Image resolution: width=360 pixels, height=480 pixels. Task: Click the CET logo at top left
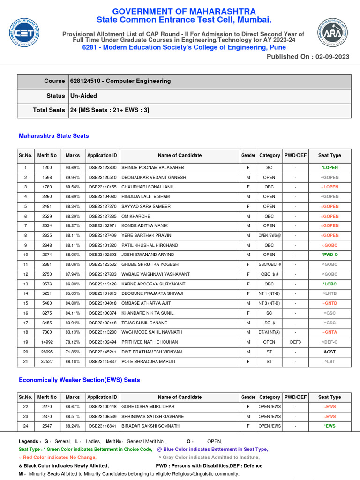[24, 32]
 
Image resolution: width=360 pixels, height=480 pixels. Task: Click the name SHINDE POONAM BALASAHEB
[152, 167]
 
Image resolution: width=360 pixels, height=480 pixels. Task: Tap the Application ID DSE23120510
[102, 177]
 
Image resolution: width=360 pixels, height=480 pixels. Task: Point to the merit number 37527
[47, 361]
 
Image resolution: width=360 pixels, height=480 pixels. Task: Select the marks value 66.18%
[73, 361]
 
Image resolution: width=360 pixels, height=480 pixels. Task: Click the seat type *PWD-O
[330, 255]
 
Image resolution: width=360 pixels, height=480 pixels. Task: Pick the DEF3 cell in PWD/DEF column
[295, 342]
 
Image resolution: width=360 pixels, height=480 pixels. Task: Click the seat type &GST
[330, 352]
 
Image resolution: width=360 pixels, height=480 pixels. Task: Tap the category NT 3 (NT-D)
[270, 303]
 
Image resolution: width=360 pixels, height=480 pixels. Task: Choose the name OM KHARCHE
[136, 216]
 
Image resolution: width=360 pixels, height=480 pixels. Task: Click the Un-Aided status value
[83, 96]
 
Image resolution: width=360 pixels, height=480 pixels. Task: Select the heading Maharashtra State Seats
[53, 136]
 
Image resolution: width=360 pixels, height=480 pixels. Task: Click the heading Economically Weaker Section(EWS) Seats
[79, 380]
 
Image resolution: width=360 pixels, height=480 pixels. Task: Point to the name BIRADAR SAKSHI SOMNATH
[150, 426]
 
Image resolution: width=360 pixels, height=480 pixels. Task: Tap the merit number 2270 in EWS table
[47, 407]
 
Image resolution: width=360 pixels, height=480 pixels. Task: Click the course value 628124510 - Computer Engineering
[120, 81]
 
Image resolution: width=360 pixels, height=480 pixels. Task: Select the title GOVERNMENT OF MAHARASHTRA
[183, 11]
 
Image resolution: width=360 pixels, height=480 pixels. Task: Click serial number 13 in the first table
[26, 284]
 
